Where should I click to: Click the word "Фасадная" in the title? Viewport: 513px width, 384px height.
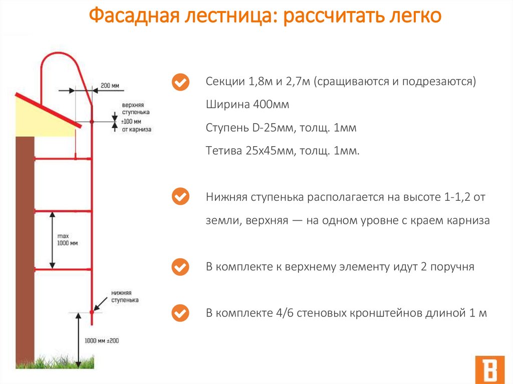pos(131,17)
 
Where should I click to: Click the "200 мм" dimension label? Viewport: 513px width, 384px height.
pos(110,85)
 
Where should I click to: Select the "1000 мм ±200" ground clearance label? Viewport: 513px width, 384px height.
pos(101,340)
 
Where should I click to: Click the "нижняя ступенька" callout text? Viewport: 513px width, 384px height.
pos(125,296)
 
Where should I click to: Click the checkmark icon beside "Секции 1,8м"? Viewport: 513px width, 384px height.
pos(180,82)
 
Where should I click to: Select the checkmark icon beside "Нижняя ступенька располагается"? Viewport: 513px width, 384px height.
pos(180,197)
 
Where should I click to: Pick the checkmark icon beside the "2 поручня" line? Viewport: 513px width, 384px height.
pos(180,267)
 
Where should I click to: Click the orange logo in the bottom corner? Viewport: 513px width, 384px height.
pos(489,370)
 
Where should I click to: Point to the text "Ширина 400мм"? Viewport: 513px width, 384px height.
pos(247,105)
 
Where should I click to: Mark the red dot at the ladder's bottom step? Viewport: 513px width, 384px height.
pos(92,312)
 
